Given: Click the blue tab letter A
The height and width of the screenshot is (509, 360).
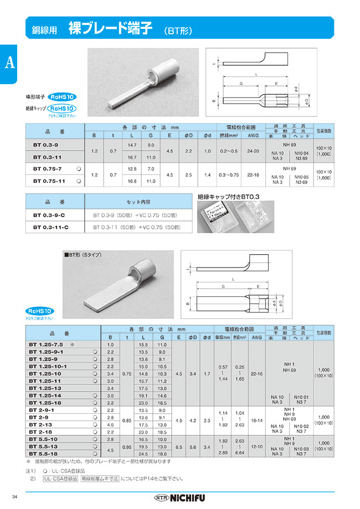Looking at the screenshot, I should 9,63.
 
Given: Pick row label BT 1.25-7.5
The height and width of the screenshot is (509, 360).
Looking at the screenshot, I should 47,345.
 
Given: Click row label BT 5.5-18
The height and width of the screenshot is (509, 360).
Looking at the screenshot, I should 47,453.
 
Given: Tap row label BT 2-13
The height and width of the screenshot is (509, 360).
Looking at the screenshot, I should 44,424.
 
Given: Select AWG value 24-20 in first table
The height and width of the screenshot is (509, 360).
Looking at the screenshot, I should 253,151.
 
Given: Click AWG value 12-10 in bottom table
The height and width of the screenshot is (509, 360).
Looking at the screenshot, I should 256,445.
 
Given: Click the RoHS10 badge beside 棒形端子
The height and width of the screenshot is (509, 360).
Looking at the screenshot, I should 63,96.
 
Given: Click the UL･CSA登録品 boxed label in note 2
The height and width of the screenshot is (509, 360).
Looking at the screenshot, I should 60,477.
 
